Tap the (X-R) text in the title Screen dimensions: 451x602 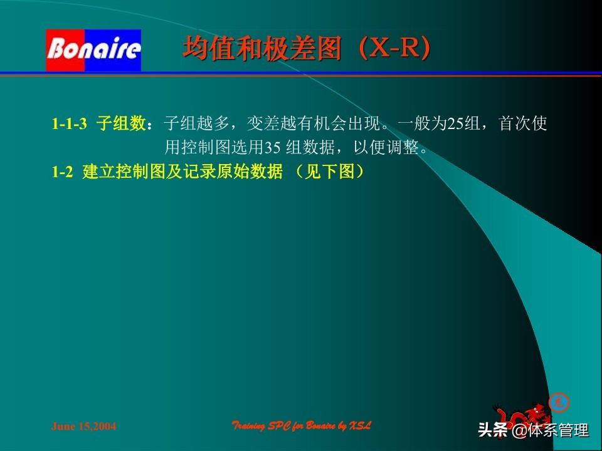394,49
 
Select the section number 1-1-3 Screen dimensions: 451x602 69,124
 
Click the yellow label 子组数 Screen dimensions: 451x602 121,123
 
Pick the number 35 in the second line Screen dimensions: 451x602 272,148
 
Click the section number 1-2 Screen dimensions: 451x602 62,173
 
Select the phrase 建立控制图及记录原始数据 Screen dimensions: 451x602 182,173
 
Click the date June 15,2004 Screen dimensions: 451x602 83,427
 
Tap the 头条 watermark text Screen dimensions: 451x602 492,430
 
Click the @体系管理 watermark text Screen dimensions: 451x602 550,430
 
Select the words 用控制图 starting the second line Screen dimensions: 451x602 195,148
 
